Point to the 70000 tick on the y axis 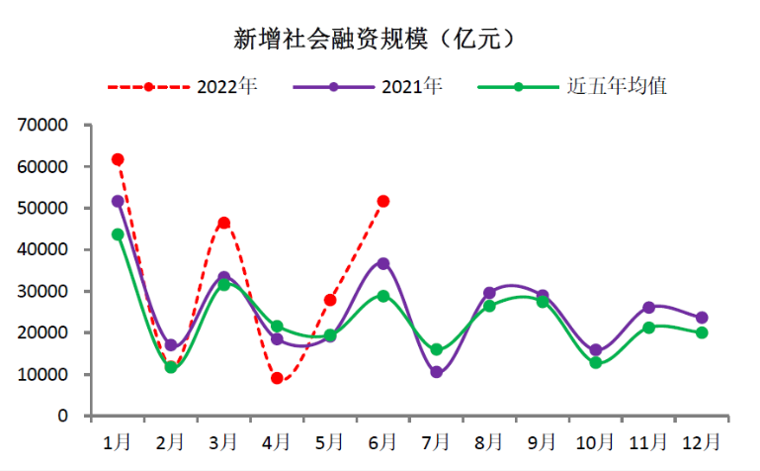[42, 126]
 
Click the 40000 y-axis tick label [42, 250]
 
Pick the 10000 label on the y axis [42, 375]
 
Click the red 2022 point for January [118, 159]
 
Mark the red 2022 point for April [277, 378]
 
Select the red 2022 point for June [383, 201]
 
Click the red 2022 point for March [224, 223]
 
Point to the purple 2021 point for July [437, 372]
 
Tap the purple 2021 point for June [383, 263]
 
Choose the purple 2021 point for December [702, 318]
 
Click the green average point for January [118, 235]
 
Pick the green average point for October [596, 363]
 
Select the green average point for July [437, 349]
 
